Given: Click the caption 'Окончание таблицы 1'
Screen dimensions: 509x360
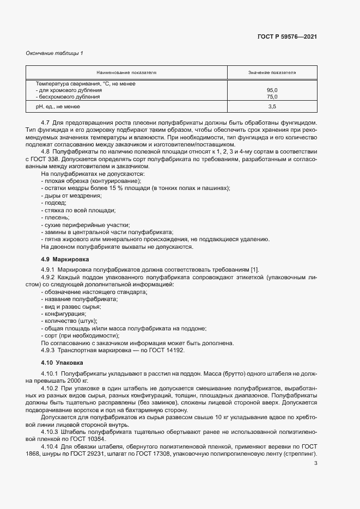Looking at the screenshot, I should [x=54, y=53].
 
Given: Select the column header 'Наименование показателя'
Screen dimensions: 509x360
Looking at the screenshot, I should [x=126, y=72].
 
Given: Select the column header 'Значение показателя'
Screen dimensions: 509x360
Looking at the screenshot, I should [x=272, y=72].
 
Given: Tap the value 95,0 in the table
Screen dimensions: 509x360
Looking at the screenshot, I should [x=272, y=90].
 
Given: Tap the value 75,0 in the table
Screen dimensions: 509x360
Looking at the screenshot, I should [x=272, y=96].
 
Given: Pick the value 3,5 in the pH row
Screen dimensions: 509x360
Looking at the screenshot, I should [x=272, y=107].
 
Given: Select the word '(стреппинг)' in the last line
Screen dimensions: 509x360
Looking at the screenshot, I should [x=299, y=454].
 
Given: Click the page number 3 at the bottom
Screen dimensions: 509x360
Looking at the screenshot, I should [x=316, y=479].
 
